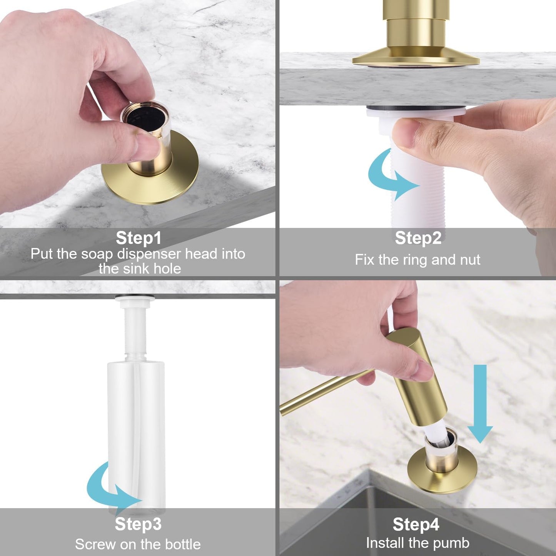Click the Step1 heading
[139, 238]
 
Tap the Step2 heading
[418, 238]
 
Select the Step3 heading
[138, 524]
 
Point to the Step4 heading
[416, 524]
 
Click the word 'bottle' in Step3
[183, 544]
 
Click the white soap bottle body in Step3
[136, 423]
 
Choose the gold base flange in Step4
[442, 473]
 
